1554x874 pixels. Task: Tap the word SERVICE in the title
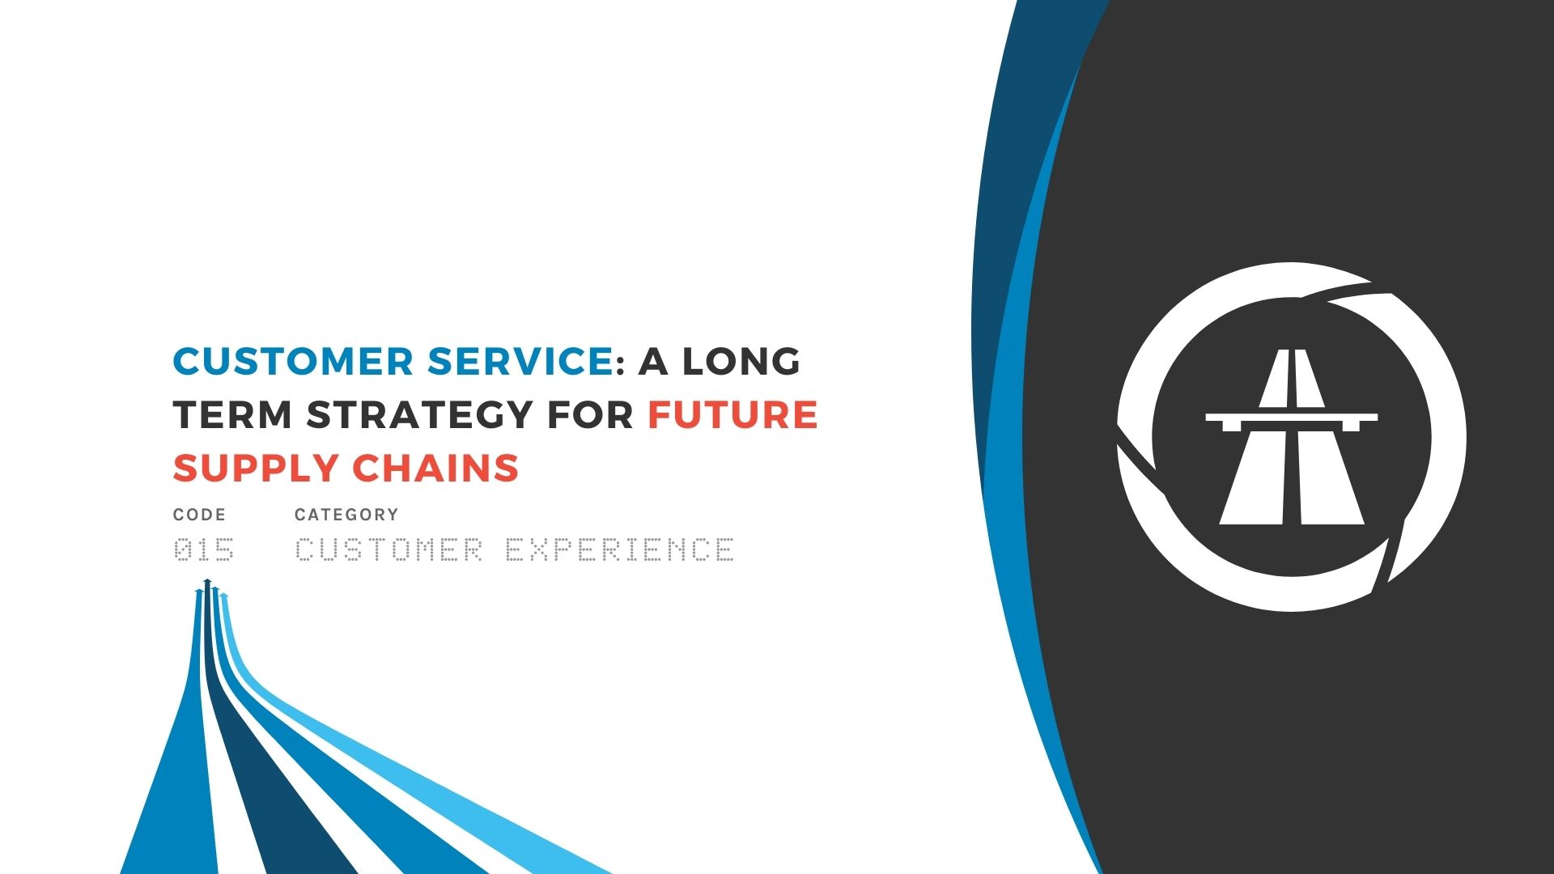pos(520,362)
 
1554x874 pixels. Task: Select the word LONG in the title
pos(741,362)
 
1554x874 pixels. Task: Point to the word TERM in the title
pos(232,415)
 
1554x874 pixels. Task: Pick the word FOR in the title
pos(590,415)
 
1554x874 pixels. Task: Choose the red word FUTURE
pos(732,415)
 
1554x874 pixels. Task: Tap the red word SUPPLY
pos(256,469)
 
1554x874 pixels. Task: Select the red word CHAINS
pos(435,469)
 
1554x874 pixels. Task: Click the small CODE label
pos(199,515)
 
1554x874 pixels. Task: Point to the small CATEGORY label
pos(346,515)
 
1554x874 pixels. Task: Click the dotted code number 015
pos(204,550)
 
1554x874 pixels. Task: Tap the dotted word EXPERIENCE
pos(620,550)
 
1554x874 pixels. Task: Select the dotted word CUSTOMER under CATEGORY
pos(389,550)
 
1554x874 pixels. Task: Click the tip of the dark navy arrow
pos(207,582)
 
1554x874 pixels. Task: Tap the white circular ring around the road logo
pos(1133,437)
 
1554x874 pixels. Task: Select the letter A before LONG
pos(653,362)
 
